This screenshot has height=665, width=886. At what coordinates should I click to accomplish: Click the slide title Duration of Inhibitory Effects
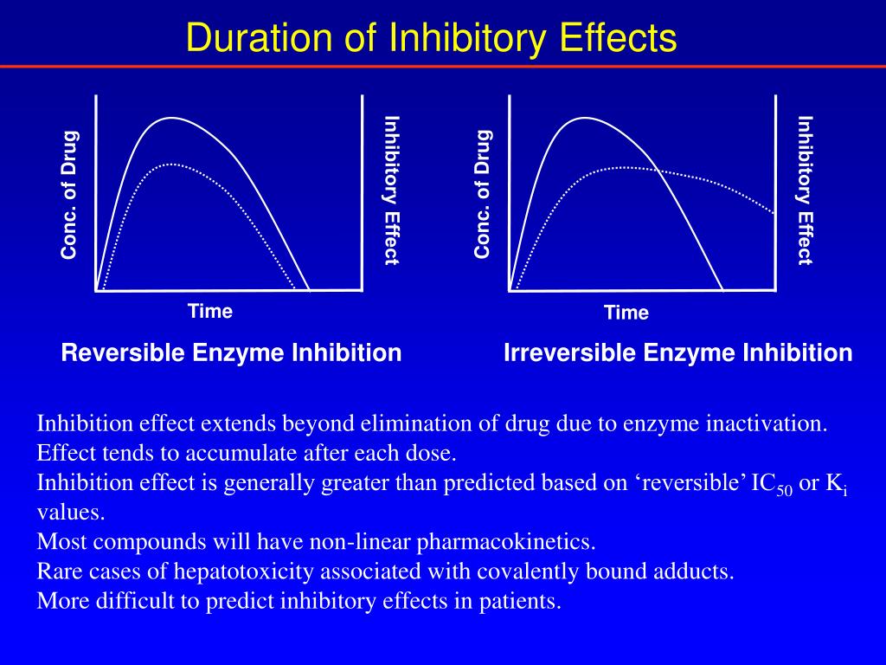(432, 38)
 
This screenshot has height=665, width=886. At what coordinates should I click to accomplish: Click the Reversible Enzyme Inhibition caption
(231, 353)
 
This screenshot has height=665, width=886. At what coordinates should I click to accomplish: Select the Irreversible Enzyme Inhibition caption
(677, 353)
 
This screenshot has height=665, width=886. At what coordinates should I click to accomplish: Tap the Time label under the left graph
(210, 312)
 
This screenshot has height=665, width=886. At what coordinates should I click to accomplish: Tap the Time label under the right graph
(626, 313)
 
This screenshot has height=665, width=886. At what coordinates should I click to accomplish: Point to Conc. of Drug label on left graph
(69, 194)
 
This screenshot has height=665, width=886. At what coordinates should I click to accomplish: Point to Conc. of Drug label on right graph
(483, 194)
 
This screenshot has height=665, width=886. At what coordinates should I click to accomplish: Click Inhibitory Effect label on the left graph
(391, 190)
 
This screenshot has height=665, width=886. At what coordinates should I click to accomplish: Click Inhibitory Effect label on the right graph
(805, 190)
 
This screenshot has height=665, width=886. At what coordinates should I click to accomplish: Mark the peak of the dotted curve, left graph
(173, 164)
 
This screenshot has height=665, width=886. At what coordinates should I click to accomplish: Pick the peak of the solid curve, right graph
(585, 118)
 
